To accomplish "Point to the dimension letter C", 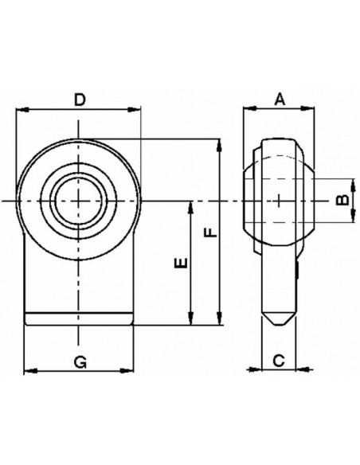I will click(x=278, y=359).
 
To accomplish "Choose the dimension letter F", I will click(x=209, y=232).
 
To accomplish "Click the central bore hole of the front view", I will click(x=79, y=198).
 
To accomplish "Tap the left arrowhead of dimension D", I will click(x=21, y=111).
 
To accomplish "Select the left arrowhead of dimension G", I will click(x=28, y=369).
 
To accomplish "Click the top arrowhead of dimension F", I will click(x=219, y=143).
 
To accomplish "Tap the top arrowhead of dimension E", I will click(x=191, y=204).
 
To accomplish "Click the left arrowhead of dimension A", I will click(x=247, y=111).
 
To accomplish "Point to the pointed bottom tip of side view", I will click(x=277, y=324).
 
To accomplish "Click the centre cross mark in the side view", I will click(x=280, y=199).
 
